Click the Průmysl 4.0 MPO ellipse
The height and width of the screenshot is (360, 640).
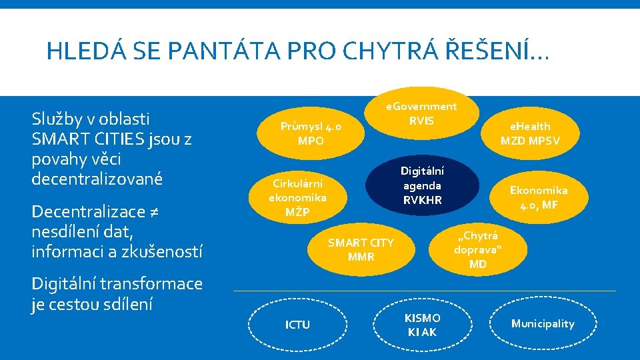(311, 133)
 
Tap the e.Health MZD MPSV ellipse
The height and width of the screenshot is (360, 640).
(530, 133)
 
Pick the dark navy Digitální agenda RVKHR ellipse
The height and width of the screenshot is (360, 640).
(421, 185)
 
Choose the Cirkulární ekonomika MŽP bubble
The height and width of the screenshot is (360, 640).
(297, 197)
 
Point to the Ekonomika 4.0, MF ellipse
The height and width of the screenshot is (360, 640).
(539, 197)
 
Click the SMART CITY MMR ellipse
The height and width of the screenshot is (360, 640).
(361, 249)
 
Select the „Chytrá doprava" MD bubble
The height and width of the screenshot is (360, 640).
(478, 249)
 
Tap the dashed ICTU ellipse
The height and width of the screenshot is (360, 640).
(297, 325)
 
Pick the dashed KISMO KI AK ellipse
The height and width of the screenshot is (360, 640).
(422, 325)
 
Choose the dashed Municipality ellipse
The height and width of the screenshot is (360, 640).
(542, 324)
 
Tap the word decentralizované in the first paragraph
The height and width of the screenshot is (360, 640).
(97, 179)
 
